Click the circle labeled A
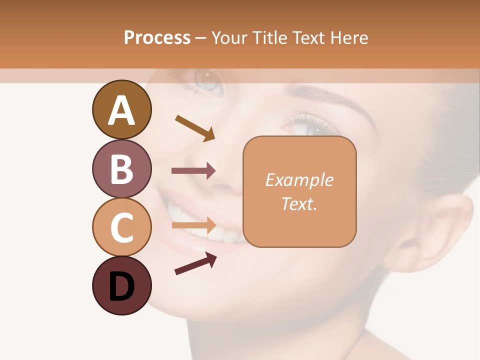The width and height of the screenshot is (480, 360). pos(121,109)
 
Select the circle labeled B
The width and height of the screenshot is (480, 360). pos(121,168)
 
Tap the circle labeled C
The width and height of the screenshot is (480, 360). pos(121,227)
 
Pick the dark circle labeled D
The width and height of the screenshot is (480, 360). pos(121,285)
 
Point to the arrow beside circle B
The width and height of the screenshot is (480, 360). pos(193,171)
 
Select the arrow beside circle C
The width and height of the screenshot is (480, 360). pos(193,224)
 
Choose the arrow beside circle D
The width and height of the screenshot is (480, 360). pos(195,263)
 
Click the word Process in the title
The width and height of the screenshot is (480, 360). pos(157,37)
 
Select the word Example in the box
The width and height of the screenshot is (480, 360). pos(299,180)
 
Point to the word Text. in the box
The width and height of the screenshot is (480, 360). pos(299,203)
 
